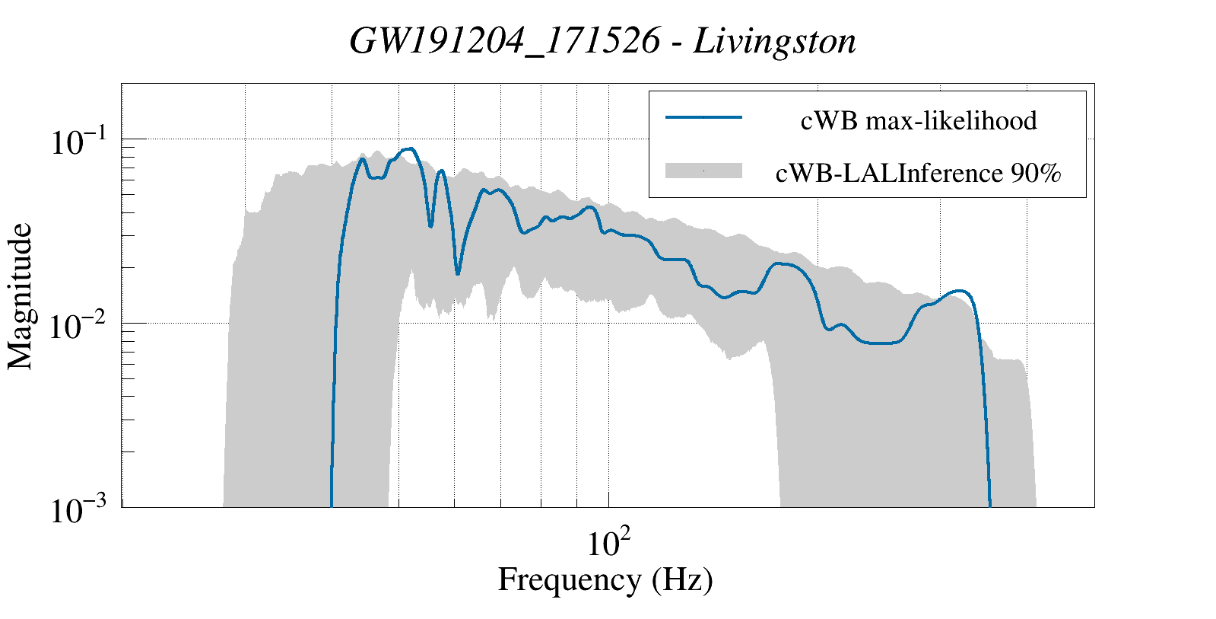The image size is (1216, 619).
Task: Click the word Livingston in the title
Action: click(775, 42)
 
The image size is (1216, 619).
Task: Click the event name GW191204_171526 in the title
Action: click(505, 42)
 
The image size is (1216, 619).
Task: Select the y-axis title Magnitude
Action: click(21, 297)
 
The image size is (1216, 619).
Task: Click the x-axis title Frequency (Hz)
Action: click(605, 580)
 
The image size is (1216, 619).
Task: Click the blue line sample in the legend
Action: click(703, 118)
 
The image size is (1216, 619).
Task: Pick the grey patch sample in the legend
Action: click(703, 171)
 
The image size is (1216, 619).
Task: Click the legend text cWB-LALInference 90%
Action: click(919, 174)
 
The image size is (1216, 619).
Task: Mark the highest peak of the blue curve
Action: click(409, 148)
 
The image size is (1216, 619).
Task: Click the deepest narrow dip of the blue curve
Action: click(458, 273)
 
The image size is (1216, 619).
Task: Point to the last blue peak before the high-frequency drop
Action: click(961, 291)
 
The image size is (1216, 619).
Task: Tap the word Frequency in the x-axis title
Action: click(569, 580)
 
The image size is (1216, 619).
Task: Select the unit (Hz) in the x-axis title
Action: click(682, 580)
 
